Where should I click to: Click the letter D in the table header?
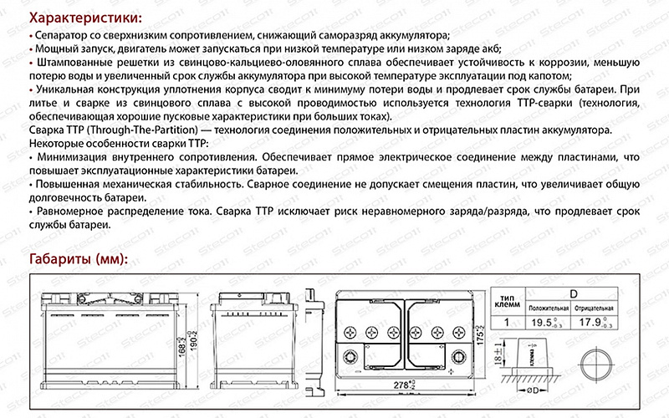coord(575,294)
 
